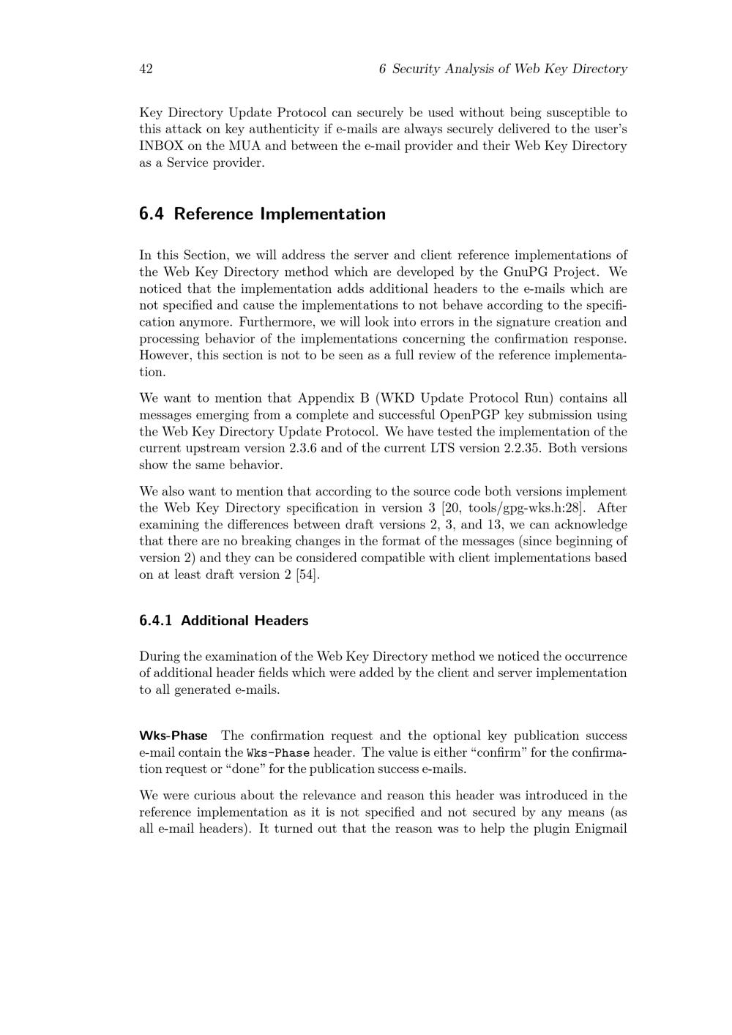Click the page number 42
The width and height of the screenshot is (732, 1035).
coord(146,69)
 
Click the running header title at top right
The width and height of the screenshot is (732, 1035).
coord(503,69)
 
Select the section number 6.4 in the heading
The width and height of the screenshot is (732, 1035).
coord(152,214)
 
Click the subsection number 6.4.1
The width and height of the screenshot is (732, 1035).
coord(156,621)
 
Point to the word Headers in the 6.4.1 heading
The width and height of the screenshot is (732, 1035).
coord(281,621)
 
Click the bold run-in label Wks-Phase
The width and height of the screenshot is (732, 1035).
coord(173,736)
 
